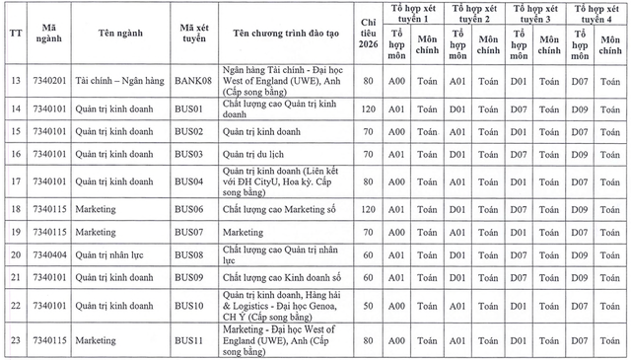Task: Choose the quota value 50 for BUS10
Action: pos(368,308)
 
